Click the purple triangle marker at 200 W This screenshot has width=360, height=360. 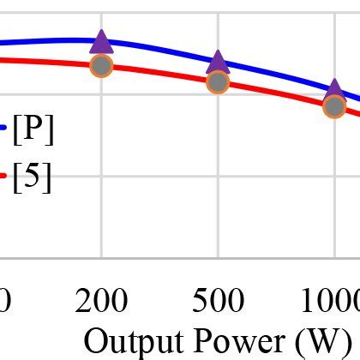[x=101, y=42]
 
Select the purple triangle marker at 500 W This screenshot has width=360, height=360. [x=218, y=62]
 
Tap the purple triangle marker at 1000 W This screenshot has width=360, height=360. [x=334, y=88]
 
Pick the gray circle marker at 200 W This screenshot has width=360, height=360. [x=101, y=66]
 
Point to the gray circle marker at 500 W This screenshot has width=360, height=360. [x=218, y=82]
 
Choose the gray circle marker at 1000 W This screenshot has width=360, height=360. [x=334, y=106]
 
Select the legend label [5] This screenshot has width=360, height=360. [x=33, y=177]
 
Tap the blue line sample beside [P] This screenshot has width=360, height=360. [x=3, y=129]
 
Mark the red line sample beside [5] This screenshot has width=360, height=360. [x=3, y=176]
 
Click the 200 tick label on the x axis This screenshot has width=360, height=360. [x=101, y=301]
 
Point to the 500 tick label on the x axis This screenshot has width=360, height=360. [x=218, y=301]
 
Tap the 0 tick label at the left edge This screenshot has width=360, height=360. [x=4, y=301]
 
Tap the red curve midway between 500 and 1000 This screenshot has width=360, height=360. [x=276, y=93]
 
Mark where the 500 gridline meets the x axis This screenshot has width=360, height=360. [x=218, y=257]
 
